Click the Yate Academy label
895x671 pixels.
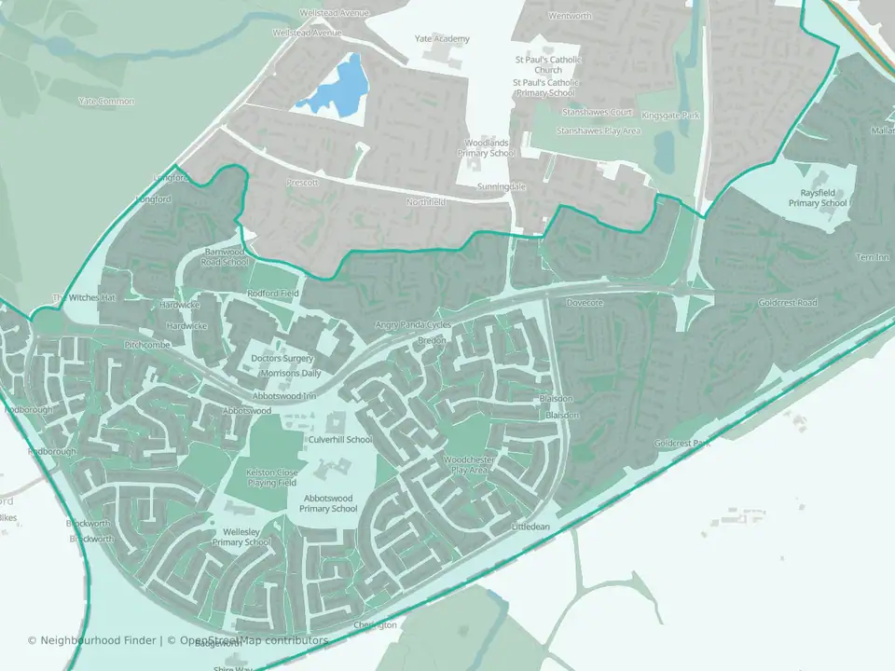coord(442,39)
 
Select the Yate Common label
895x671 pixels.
coord(106,101)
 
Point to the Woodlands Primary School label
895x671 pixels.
coord(489,147)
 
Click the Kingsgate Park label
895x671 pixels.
coord(677,116)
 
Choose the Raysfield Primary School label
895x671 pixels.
coord(818,198)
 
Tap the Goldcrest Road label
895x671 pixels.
coord(788,303)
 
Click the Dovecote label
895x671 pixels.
coord(585,303)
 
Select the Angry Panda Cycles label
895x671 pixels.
coord(412,325)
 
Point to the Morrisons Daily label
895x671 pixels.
coord(290,373)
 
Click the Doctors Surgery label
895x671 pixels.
coord(282,358)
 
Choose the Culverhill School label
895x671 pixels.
coord(340,439)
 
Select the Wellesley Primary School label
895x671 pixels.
coord(241,536)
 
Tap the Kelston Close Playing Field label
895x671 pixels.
coord(271,477)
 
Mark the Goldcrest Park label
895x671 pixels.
coord(682,444)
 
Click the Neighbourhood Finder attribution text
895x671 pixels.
coord(93,640)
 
